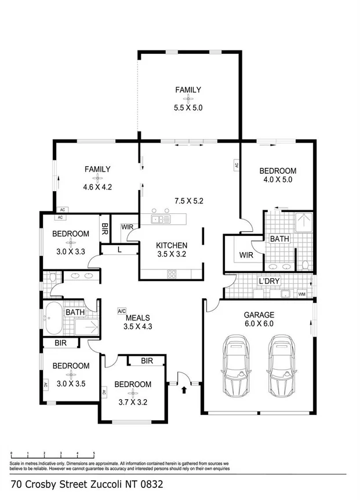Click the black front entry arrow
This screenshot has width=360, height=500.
point(184,389)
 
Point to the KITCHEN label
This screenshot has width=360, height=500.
point(172,245)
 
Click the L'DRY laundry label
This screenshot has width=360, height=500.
point(270,282)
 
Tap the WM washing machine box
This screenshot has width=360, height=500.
point(301,294)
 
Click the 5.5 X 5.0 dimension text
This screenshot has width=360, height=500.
point(188,108)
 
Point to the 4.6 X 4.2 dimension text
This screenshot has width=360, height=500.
point(97,187)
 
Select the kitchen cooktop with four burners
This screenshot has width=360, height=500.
point(172,273)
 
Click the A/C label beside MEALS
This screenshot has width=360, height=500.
point(122,311)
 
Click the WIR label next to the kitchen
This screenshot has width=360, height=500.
point(128,227)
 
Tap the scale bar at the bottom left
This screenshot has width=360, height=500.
point(53,454)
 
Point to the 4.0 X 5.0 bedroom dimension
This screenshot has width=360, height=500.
point(278,180)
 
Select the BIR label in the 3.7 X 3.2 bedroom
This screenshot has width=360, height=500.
point(146,360)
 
